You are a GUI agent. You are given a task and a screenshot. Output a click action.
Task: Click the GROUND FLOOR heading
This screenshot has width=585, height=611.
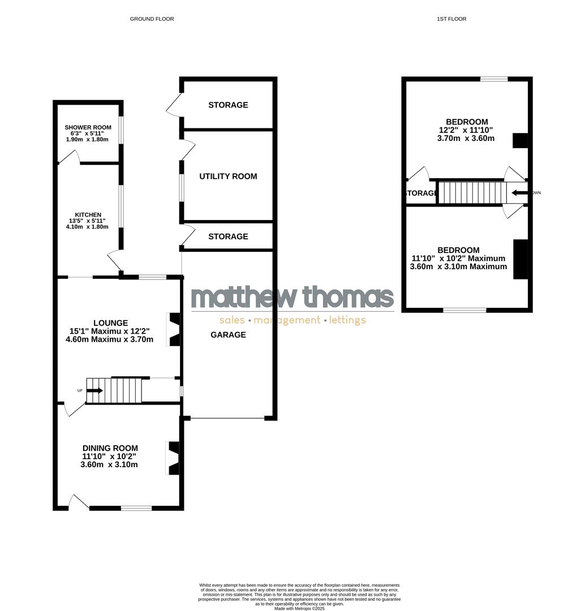[x=152, y=19]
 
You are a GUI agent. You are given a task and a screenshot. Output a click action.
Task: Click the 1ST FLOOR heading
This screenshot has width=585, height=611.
[x=451, y=19]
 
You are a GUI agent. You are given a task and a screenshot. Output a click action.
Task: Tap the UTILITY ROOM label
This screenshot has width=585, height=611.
[x=228, y=177]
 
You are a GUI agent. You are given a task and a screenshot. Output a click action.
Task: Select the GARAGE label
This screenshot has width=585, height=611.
[x=228, y=335]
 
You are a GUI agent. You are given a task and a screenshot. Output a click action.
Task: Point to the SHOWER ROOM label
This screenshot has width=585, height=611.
[x=88, y=127]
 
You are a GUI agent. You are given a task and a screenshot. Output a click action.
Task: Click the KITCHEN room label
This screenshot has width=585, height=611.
[x=86, y=214]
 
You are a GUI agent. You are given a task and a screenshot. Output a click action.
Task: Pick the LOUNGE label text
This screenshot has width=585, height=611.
[x=111, y=323]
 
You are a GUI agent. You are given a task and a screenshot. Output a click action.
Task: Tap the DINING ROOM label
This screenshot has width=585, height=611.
[x=110, y=448]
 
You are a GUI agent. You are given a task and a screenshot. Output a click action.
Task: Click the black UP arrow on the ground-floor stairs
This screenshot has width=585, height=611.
[x=95, y=390]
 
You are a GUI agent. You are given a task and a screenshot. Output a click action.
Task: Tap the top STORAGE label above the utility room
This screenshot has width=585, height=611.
[x=228, y=105]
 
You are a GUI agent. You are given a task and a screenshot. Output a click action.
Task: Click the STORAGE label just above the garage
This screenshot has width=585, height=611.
[x=228, y=236]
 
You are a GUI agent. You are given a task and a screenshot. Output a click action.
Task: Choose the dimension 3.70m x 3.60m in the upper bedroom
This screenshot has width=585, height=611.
[x=466, y=138]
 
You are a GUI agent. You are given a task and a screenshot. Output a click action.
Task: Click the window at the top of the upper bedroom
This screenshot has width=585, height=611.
[x=494, y=79]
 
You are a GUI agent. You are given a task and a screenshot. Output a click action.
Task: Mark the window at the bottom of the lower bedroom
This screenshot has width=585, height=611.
[x=464, y=310]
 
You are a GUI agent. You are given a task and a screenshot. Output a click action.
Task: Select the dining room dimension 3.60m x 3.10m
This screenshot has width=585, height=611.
[x=109, y=464]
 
